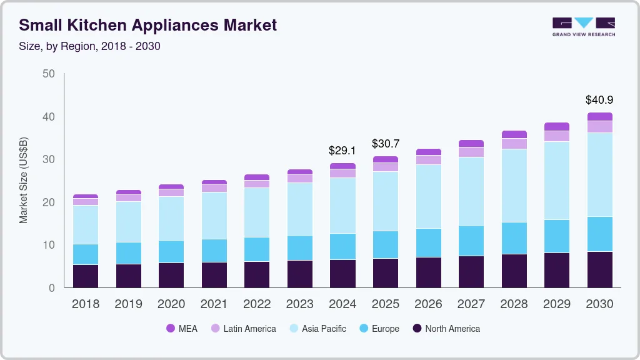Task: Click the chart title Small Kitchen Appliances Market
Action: pyautogui.click(x=147, y=26)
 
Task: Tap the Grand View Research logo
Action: pyautogui.click(x=583, y=26)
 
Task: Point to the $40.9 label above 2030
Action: pyautogui.click(x=599, y=99)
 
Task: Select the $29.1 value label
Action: pyautogui.click(x=342, y=151)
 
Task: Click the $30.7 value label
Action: pyautogui.click(x=386, y=144)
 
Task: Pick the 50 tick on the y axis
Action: pyautogui.click(x=48, y=74)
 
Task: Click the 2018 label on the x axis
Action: pyautogui.click(x=85, y=304)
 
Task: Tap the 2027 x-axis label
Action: pyautogui.click(x=471, y=304)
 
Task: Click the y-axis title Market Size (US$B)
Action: pyautogui.click(x=23, y=181)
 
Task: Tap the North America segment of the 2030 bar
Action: pyautogui.click(x=599, y=269)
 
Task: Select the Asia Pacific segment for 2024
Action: pyautogui.click(x=342, y=206)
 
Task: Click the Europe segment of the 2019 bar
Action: pyautogui.click(x=128, y=253)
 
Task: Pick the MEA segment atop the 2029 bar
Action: pyautogui.click(x=557, y=126)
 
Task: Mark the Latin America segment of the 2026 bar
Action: pyautogui.click(x=428, y=160)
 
